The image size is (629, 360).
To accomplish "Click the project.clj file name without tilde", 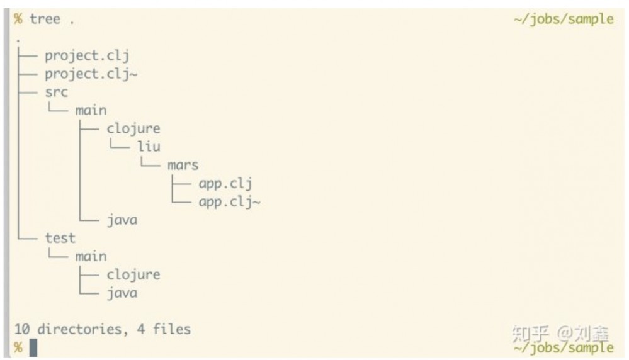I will [87, 55].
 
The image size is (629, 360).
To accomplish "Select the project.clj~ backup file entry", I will [91, 74].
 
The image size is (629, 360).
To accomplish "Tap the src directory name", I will [56, 92].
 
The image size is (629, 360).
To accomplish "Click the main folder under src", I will [91, 110].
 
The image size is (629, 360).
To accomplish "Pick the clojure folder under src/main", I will [133, 128].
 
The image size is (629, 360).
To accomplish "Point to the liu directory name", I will [149, 147].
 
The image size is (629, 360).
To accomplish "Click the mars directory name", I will [183, 165].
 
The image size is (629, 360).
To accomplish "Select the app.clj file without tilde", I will [225, 183].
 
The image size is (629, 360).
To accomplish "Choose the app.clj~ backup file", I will [229, 201].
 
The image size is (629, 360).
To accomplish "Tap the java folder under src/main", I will [122, 220].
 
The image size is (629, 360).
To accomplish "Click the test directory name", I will [60, 238].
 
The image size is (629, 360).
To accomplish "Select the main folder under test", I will [91, 256].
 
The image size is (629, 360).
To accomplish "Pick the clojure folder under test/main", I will [133, 274].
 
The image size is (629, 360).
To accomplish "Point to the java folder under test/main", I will [122, 293].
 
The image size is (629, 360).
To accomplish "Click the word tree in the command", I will [45, 19].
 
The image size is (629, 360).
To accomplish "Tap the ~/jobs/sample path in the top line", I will [563, 19].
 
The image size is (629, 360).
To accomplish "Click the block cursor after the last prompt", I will [33, 347].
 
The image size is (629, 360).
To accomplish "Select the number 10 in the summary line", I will [21, 329].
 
